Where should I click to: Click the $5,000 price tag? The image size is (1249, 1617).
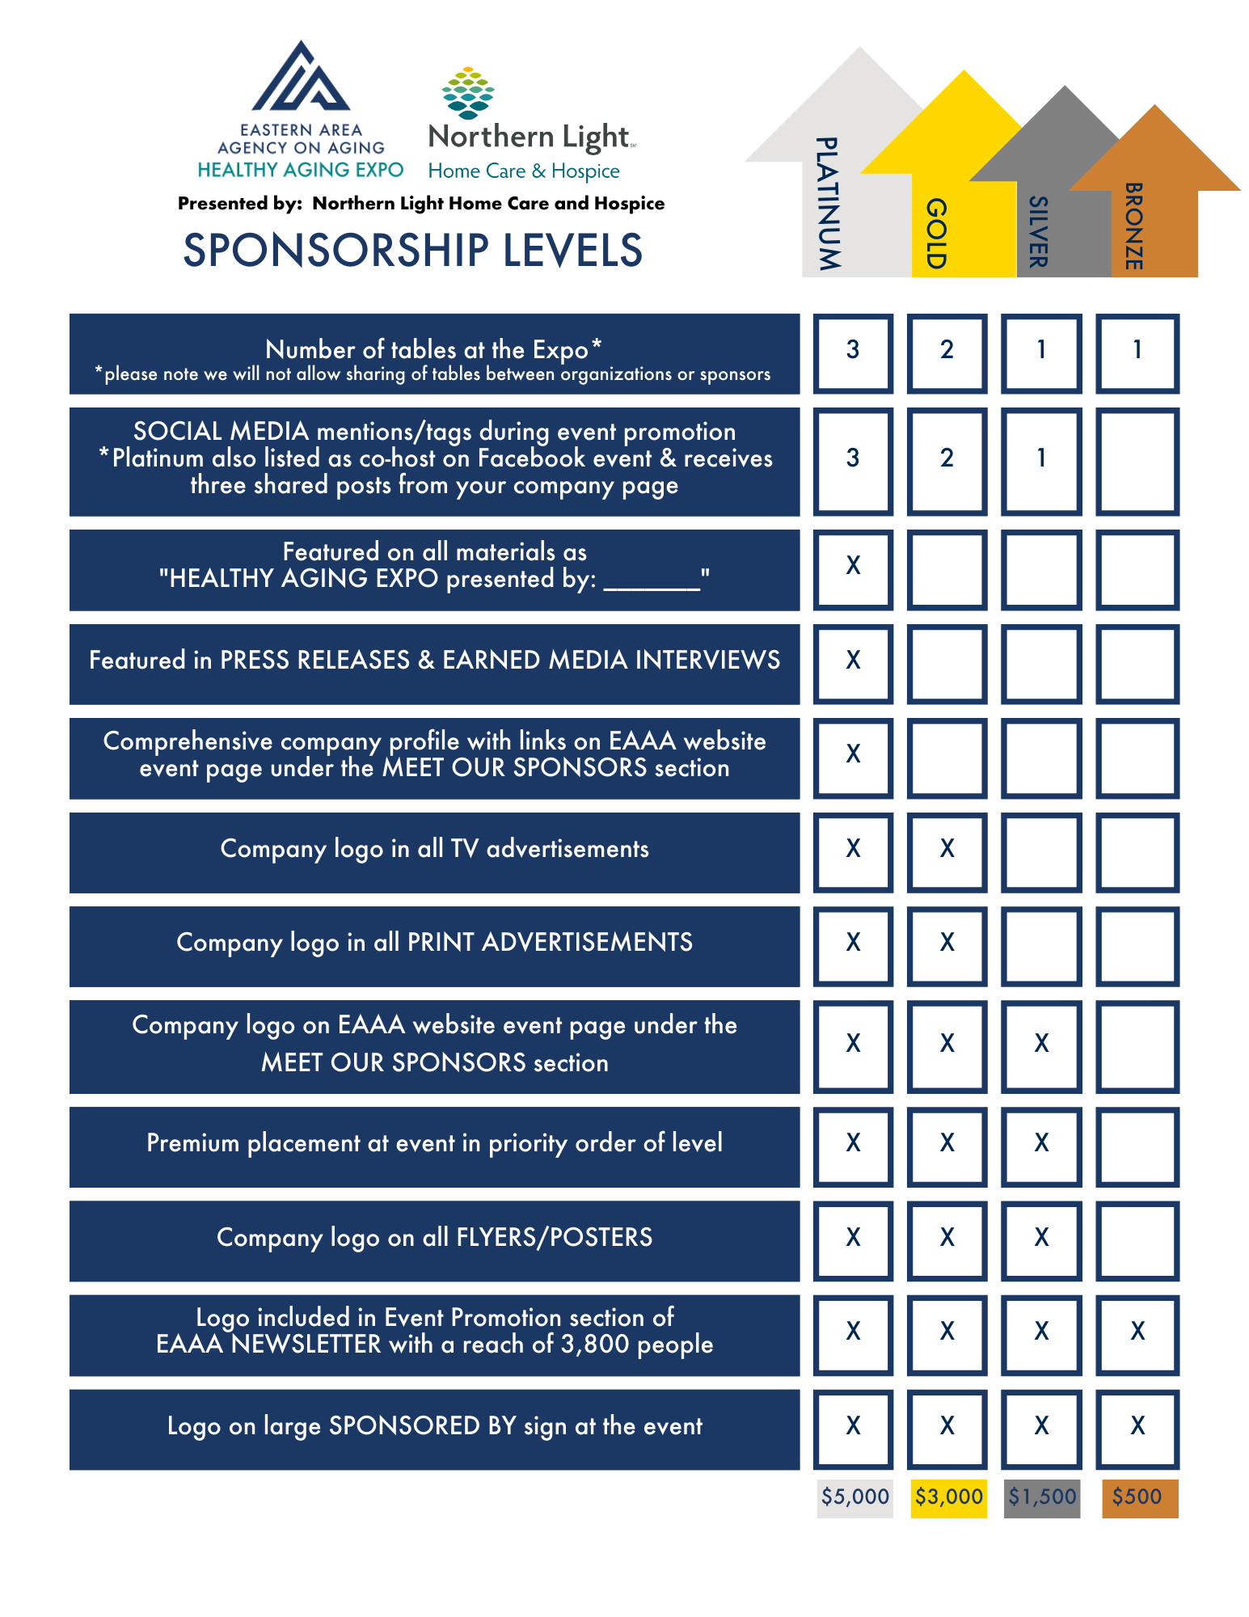[854, 1497]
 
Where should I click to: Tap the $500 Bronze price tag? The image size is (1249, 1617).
[1137, 1497]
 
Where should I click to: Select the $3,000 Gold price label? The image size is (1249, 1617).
[948, 1497]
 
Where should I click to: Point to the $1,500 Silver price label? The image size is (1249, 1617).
[1042, 1497]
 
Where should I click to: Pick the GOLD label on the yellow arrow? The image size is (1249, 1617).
[935, 233]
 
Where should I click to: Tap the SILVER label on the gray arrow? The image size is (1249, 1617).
[1038, 231]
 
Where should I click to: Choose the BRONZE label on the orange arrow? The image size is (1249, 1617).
[1133, 226]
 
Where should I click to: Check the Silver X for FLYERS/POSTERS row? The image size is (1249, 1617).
[1042, 1239]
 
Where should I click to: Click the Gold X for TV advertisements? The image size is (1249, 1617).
[947, 850]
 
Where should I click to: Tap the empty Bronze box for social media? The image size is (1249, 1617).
[1137, 460]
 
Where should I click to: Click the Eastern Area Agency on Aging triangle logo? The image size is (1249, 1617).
[301, 78]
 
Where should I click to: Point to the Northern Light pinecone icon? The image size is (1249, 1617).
[468, 93]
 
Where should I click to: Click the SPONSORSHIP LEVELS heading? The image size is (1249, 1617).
[412, 251]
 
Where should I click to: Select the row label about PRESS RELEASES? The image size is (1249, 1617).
[434, 661]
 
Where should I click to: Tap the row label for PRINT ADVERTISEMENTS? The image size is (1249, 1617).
[434, 944]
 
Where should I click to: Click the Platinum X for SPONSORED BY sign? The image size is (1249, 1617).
[853, 1427]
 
